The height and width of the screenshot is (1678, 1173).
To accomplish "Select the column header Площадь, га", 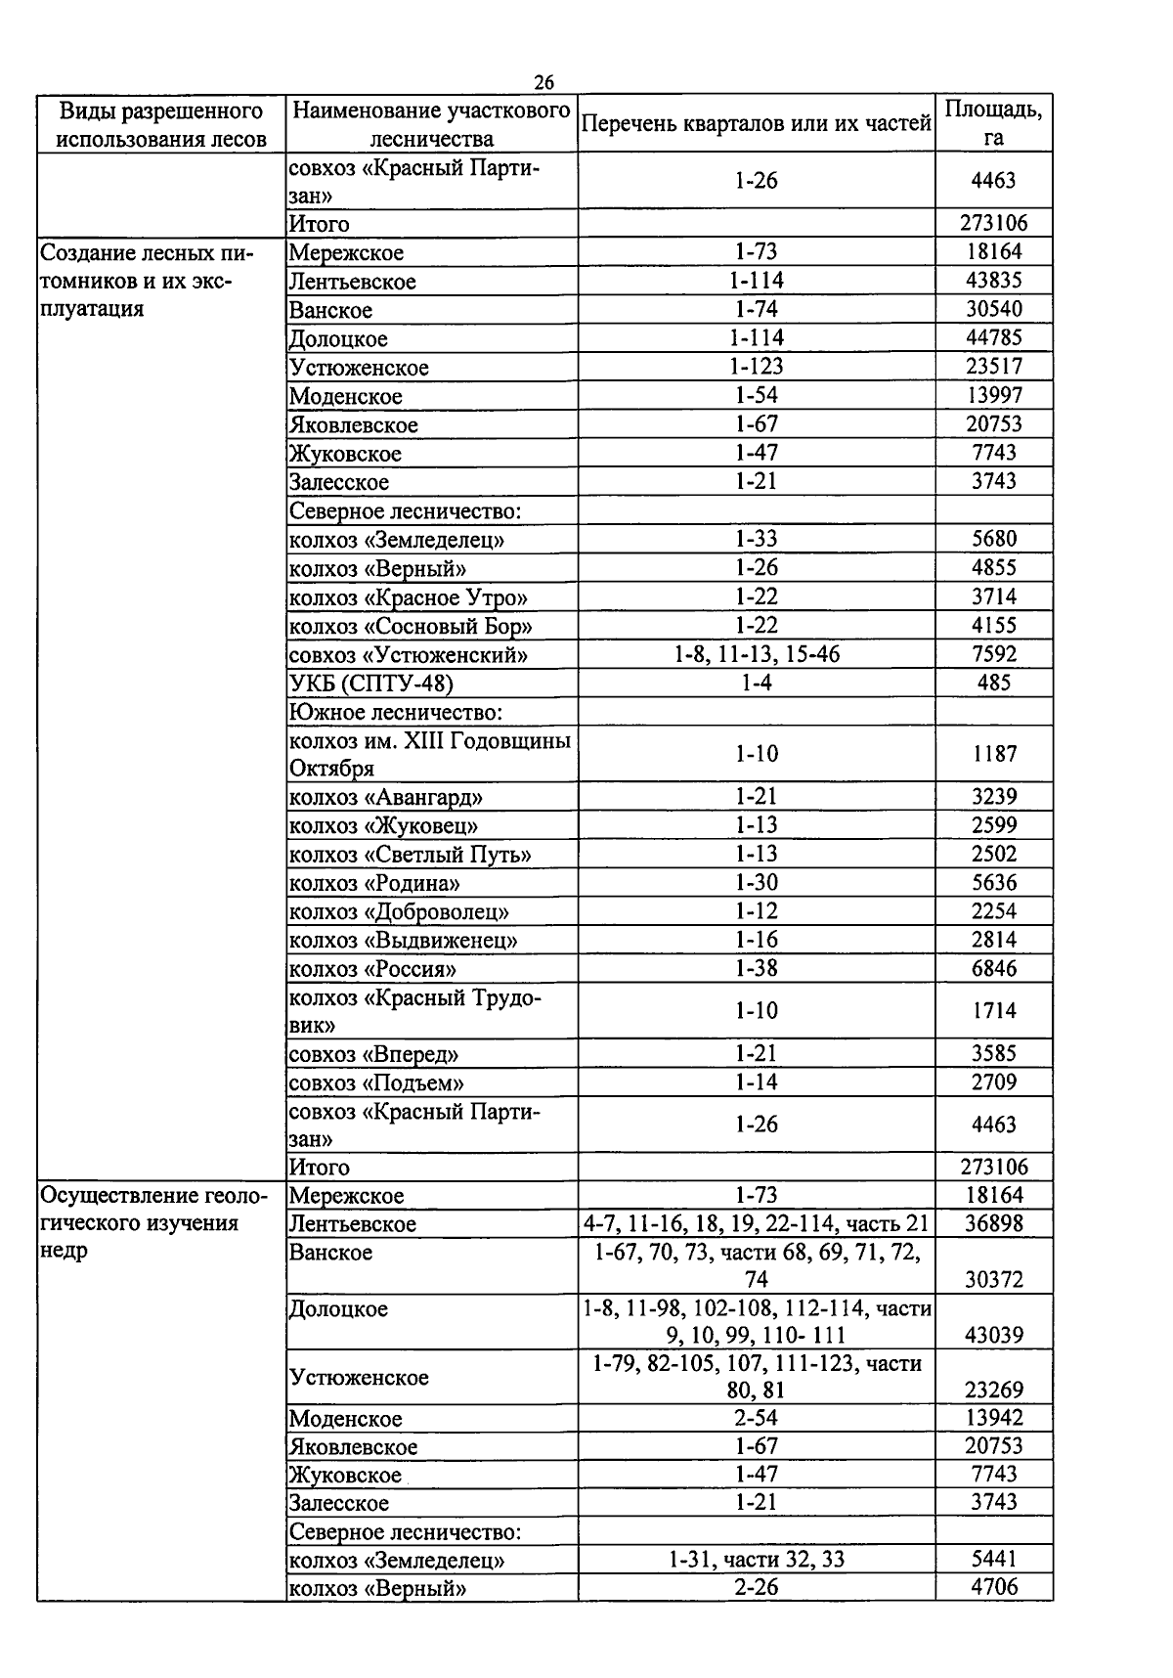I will (993, 123).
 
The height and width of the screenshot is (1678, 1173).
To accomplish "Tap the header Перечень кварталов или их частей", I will (756, 124).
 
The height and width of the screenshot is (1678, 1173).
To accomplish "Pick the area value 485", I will (993, 683).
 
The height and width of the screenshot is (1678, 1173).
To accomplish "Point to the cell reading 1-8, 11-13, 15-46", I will (756, 654).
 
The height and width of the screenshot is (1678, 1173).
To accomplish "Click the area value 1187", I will (993, 754).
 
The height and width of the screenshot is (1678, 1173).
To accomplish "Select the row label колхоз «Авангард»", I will (385, 797).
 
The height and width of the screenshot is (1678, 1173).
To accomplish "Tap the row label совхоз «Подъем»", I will (375, 1083).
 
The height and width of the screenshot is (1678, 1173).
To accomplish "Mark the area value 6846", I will (993, 969).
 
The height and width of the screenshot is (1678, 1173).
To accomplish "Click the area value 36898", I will (993, 1224).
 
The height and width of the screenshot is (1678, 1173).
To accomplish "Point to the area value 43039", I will (993, 1336).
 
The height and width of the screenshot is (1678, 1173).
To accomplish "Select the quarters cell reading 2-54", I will (756, 1418).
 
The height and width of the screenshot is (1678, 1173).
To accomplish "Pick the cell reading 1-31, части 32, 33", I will (756, 1560).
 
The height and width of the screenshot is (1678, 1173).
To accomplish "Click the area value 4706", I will (993, 1588).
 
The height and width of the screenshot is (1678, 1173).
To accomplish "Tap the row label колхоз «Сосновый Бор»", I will (411, 626).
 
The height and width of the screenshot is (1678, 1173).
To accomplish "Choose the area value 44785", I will (993, 338).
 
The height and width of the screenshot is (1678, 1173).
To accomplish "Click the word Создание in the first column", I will (84, 253).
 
